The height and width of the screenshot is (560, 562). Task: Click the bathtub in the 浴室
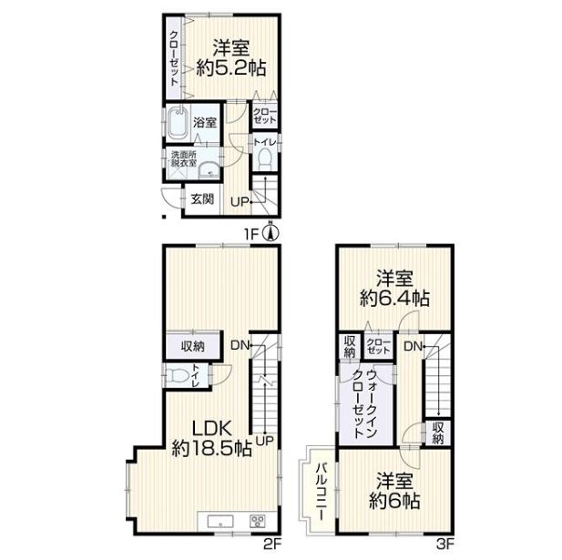[x=177, y=123]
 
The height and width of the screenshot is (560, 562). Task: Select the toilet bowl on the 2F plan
[x=178, y=376]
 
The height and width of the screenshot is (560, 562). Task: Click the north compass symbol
[x=271, y=233]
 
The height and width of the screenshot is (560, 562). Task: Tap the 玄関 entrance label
[x=202, y=199]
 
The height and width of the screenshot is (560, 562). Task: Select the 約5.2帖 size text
[x=230, y=67]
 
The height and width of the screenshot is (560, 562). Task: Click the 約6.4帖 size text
[x=394, y=298]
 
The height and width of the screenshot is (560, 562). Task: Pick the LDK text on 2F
[x=212, y=429]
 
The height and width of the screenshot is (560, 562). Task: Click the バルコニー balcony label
[x=322, y=492]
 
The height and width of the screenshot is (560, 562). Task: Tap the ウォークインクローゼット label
[x=365, y=404]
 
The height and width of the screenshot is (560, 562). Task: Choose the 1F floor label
[x=251, y=235]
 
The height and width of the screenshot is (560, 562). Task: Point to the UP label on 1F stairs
[x=240, y=202]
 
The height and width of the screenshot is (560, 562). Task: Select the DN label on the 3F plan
[x=413, y=346]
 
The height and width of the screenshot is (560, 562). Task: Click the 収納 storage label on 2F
[x=193, y=346]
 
